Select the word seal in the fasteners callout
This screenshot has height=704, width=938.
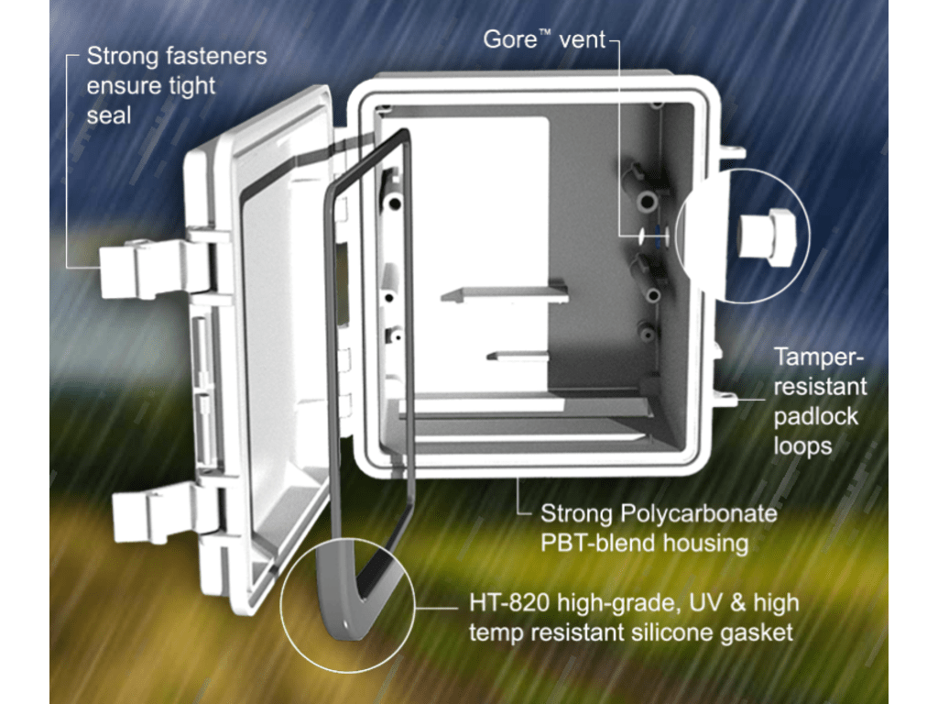[x=109, y=115]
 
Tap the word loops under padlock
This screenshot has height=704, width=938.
[x=802, y=446]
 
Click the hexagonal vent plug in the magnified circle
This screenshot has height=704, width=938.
[x=768, y=236]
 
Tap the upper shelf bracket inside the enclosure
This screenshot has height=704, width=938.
[x=505, y=294]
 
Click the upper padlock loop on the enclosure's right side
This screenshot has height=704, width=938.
[x=732, y=151]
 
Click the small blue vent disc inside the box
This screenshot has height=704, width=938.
[x=659, y=236]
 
